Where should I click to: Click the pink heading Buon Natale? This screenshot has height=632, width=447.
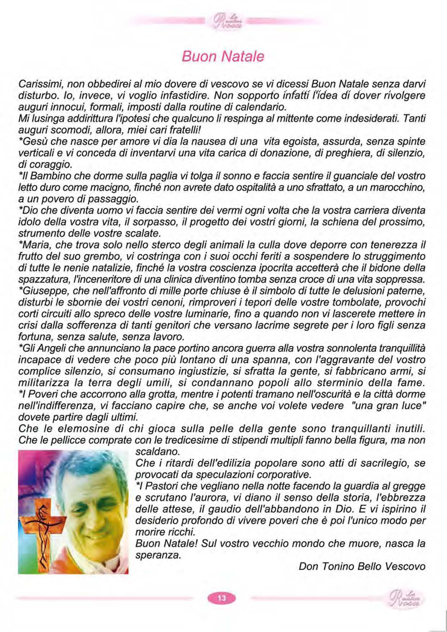point(223,57)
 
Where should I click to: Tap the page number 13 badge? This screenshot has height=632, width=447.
point(222,598)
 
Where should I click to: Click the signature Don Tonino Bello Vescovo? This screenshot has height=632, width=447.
point(362,566)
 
